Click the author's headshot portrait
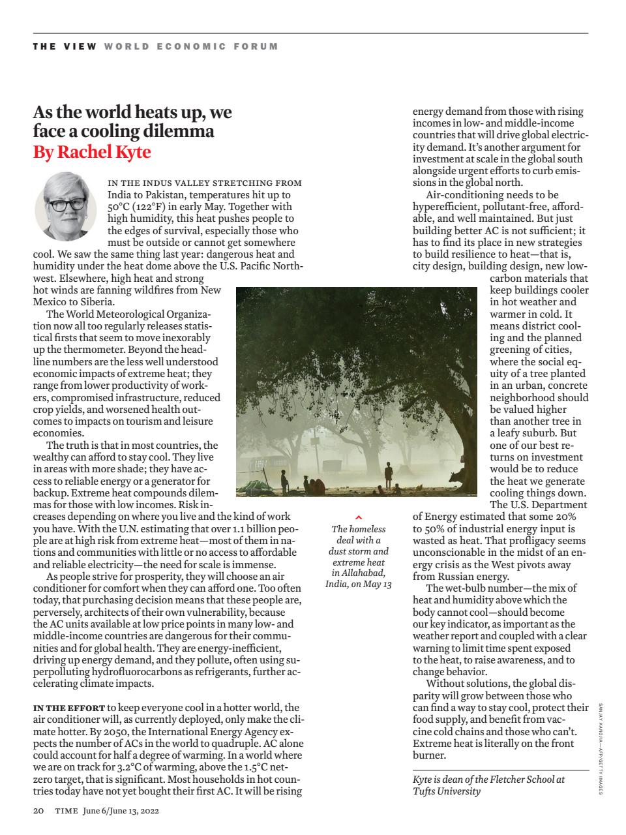(x=65, y=206)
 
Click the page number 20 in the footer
(x=38, y=811)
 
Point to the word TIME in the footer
(x=67, y=811)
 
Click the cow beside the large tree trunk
(x=464, y=477)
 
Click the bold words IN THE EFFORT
(x=68, y=708)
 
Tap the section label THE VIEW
(x=65, y=46)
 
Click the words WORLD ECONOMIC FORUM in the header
(x=190, y=46)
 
